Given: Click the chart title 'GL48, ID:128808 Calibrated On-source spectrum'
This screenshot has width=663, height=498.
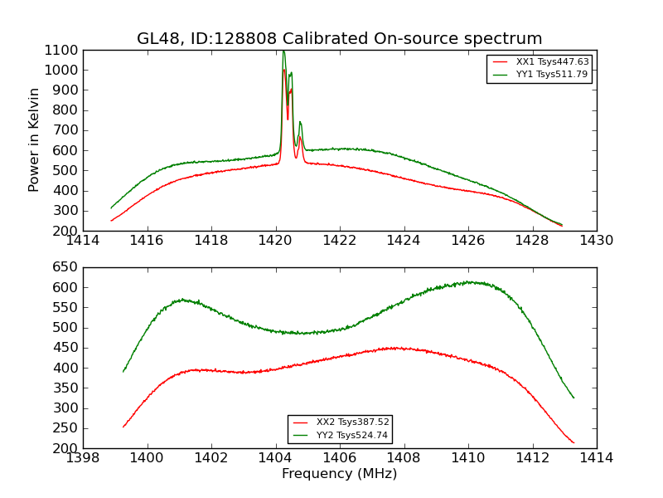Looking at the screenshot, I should (x=340, y=39).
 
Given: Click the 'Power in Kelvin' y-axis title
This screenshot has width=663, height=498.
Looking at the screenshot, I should (x=35, y=139).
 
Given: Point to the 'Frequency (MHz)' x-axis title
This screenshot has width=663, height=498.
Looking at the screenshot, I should (x=340, y=474).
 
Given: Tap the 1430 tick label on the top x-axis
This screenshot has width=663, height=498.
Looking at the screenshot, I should (x=597, y=241).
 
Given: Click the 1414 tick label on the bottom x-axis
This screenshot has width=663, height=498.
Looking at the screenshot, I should (x=597, y=458).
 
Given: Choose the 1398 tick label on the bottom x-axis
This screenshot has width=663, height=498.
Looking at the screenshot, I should (x=83, y=458).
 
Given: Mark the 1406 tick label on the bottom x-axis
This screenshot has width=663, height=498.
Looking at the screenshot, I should (x=340, y=458).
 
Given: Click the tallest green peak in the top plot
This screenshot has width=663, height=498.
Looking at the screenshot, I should (x=283, y=52).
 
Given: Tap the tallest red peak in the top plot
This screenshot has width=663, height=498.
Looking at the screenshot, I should (x=283, y=70).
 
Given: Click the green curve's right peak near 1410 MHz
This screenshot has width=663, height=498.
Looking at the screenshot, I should (x=469, y=282).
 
